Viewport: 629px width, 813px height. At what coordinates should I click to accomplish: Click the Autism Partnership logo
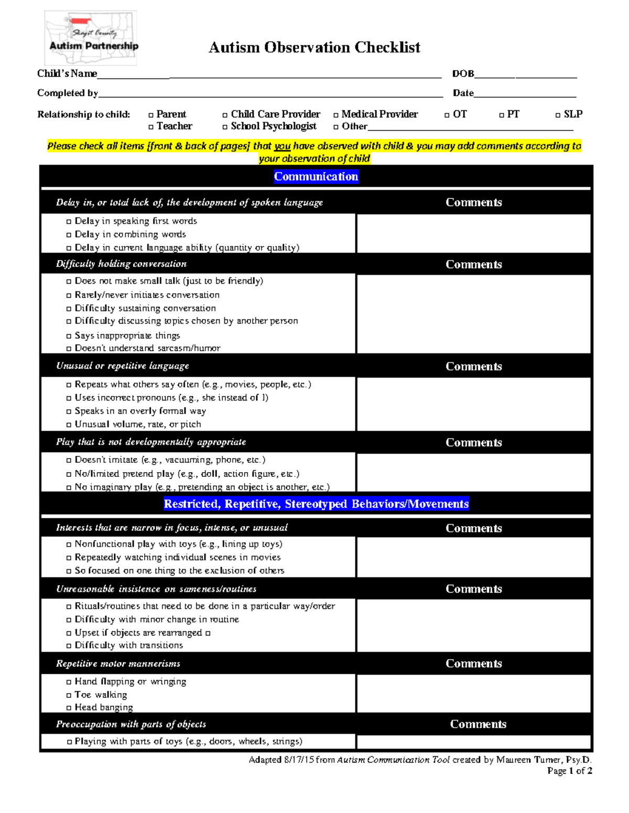(91, 38)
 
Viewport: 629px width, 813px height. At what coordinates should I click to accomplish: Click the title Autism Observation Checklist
(314, 48)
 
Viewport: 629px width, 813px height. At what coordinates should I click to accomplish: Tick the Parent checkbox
(151, 115)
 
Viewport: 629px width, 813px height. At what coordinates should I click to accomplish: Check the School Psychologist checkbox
(225, 127)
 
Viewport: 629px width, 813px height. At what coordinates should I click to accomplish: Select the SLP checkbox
(558, 115)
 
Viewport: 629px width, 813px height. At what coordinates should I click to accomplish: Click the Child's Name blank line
(269, 74)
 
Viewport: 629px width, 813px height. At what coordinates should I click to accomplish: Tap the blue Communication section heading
(316, 176)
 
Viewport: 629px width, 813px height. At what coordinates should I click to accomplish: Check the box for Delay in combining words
(69, 235)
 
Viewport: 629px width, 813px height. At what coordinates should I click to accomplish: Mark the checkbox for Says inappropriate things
(69, 336)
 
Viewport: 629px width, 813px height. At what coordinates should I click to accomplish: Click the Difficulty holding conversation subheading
(121, 264)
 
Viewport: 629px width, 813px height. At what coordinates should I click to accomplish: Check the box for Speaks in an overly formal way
(69, 411)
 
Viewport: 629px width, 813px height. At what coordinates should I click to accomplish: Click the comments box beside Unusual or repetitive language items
(473, 404)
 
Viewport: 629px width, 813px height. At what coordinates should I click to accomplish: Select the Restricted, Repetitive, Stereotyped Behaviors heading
(316, 504)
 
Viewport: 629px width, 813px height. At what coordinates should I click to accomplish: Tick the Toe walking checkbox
(69, 695)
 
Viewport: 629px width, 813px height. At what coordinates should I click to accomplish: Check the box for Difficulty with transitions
(69, 646)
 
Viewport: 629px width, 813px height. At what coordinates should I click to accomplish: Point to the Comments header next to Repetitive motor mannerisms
(473, 664)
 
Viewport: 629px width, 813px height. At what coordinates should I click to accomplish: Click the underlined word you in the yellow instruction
(282, 147)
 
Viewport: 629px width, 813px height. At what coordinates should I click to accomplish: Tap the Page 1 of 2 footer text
(569, 771)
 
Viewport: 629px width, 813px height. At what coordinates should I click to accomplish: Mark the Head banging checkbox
(69, 708)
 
